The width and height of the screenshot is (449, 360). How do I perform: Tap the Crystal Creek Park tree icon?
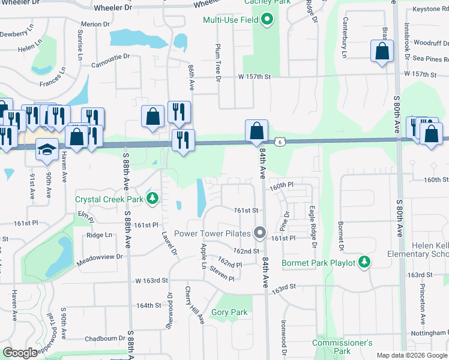[x=153, y=197]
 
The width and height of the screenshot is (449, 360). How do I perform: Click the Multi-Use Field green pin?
[x=268, y=20]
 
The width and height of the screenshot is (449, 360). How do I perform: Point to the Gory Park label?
[x=229, y=312]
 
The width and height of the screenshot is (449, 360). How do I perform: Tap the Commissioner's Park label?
[x=342, y=346]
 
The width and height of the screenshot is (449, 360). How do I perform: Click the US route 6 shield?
[x=280, y=141]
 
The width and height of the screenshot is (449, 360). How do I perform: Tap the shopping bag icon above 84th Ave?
[x=256, y=131]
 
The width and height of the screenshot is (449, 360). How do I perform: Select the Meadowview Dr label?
[x=100, y=256]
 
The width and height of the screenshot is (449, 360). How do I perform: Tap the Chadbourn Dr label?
[x=104, y=338]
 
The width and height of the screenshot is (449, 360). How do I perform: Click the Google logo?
[x=21, y=353]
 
